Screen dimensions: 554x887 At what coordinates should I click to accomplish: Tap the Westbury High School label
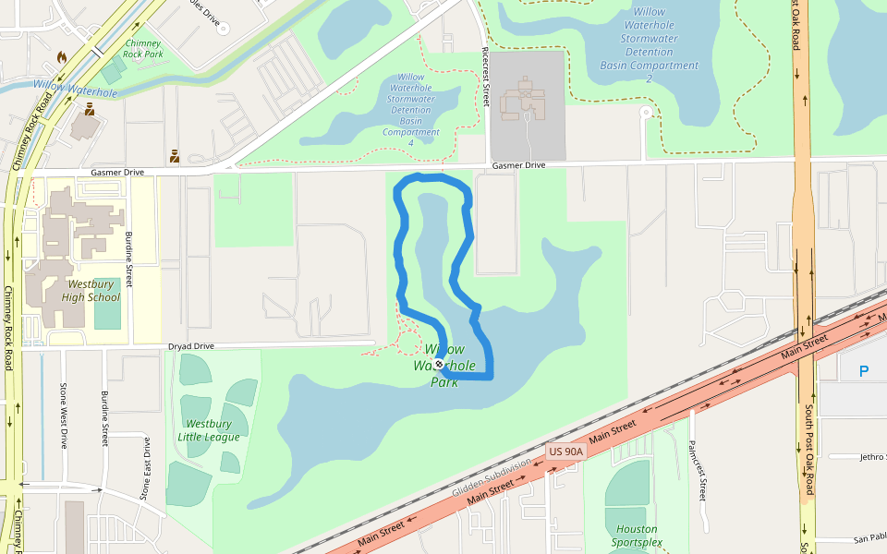point(91,291)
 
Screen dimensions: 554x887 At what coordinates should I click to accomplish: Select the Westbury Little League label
point(208,430)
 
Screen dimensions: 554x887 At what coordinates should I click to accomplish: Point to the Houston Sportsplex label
point(637,536)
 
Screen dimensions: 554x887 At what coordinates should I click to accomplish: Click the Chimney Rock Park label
point(142,48)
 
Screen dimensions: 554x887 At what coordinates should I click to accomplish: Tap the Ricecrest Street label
point(484,78)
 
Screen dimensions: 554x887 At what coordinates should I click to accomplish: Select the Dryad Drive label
point(190,346)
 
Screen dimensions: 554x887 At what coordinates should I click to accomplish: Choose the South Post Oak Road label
point(808,449)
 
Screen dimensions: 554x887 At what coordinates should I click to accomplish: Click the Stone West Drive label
point(64,415)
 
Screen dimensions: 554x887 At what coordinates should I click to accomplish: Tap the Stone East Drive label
point(145,468)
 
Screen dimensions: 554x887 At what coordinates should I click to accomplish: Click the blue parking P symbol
point(864,371)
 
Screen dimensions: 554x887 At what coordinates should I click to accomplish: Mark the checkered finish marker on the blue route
point(439,364)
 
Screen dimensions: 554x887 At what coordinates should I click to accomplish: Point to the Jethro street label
point(871,456)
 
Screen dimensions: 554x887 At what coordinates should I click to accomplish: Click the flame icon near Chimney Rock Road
point(62,57)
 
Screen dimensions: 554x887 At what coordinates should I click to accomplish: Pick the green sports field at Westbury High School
point(107,315)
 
